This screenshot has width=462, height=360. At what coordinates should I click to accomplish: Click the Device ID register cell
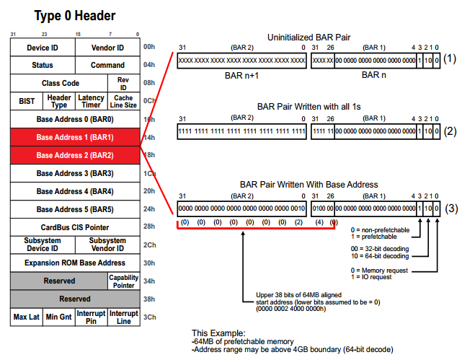(x=43, y=48)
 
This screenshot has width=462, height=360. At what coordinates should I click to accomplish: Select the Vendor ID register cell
(x=107, y=48)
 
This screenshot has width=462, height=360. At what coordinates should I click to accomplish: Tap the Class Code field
(x=61, y=83)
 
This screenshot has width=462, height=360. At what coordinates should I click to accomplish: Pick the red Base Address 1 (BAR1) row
(x=75, y=137)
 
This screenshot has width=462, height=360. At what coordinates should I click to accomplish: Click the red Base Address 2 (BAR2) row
(x=75, y=155)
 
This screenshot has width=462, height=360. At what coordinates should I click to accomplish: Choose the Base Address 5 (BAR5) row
(x=75, y=209)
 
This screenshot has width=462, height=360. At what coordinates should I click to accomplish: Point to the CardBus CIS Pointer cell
(x=75, y=227)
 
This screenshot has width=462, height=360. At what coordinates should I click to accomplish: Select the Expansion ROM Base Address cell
(x=75, y=263)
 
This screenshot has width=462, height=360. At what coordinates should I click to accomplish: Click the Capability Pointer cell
(x=123, y=280)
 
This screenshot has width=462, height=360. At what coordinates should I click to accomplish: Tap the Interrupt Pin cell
(x=92, y=317)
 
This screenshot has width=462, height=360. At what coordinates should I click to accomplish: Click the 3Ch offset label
(x=149, y=317)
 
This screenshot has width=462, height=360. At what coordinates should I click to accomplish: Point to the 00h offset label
(x=149, y=47)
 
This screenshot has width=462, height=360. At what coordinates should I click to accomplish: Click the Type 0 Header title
(x=74, y=15)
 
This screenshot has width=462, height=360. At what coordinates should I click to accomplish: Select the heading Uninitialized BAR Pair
(x=308, y=37)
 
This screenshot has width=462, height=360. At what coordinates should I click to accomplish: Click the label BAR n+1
(x=241, y=74)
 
